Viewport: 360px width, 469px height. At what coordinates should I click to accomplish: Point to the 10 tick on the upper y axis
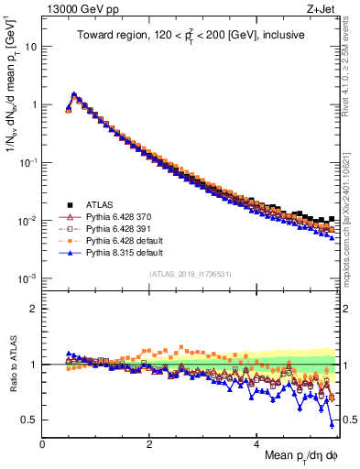click(x=31, y=46)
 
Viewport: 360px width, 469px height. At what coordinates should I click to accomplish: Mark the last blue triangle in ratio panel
click(x=332, y=424)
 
